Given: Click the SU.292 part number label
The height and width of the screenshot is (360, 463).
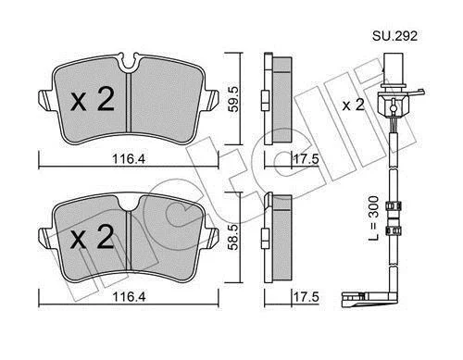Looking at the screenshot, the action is click(394, 36).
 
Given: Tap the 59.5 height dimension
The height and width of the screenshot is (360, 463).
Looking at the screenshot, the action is click(233, 99).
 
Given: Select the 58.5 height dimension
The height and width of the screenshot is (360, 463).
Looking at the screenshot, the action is click(233, 237).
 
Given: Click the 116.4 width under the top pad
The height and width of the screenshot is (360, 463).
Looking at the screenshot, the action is click(129, 159).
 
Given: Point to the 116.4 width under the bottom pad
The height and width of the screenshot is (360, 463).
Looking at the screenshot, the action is click(129, 297).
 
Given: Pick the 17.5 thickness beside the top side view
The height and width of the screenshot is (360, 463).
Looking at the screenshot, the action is click(306, 159).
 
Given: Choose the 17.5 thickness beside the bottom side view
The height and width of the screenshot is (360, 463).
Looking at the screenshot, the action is click(306, 297).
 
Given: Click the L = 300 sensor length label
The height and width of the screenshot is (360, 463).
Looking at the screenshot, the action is click(373, 218).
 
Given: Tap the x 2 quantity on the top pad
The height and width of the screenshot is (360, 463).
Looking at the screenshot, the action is click(93, 99).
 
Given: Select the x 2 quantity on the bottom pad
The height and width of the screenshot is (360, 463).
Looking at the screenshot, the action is click(92, 236).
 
